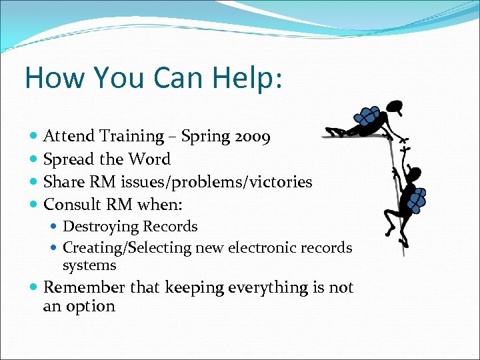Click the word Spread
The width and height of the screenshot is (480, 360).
pos(69,159)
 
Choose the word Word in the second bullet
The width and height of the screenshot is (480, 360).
pos(150,159)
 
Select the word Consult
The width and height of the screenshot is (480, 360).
pos(71,204)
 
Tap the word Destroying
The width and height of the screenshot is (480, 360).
pos(101,227)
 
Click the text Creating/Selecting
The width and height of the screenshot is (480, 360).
pos(126,248)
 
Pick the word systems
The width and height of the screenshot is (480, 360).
pos(89,265)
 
